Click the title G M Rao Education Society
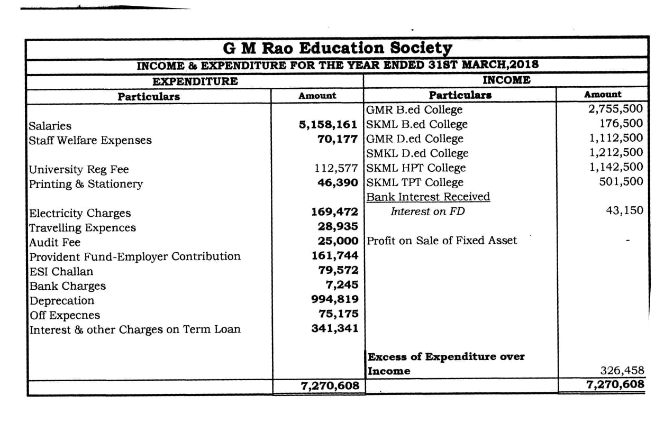coord(338,48)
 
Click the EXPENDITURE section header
coord(195,81)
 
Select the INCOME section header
coord(506,80)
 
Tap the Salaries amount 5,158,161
coord(329,125)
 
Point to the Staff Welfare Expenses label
coord(90,141)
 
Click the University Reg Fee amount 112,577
coord(336,169)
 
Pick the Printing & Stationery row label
coord(86,184)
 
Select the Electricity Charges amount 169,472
coord(334,213)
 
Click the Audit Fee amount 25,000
coord(338,241)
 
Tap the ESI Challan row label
coord(61,272)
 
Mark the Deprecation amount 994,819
coord(334,299)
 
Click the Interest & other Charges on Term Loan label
coord(134,329)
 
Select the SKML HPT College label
coord(416,168)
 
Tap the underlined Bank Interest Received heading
coord(428,197)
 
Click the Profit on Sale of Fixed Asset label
coord(442,241)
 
